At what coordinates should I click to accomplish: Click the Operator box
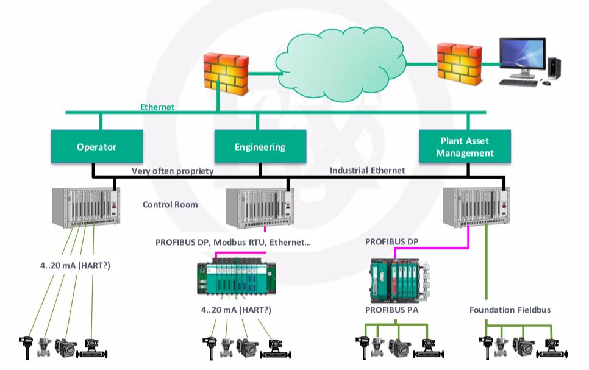(96, 147)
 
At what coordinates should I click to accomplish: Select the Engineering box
(260, 147)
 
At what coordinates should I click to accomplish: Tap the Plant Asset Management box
(465, 147)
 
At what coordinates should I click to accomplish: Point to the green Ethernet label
(157, 107)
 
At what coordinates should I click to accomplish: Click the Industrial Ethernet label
(367, 171)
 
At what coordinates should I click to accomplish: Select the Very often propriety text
(173, 171)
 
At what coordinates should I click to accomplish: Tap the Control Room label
(170, 205)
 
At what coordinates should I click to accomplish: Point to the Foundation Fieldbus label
(510, 310)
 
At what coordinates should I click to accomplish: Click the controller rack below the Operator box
(85, 204)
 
